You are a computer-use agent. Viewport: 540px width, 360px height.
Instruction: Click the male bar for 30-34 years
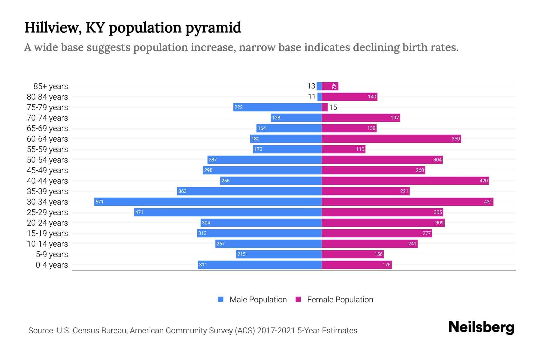point(208,202)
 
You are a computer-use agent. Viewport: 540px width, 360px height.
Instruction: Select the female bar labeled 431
point(407,202)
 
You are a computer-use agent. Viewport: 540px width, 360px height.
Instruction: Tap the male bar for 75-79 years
point(277,107)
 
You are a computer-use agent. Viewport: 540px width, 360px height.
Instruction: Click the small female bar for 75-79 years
point(325,107)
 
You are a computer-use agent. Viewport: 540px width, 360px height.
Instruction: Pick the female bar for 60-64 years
point(391,139)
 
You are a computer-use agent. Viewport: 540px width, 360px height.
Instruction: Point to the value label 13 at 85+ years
point(311,86)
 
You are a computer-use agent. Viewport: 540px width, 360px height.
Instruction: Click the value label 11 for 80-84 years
point(312,97)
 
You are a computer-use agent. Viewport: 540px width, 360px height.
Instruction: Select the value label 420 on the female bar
point(483,181)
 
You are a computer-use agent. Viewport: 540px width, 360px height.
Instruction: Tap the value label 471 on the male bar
point(139,212)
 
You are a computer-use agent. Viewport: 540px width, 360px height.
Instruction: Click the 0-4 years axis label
point(52,265)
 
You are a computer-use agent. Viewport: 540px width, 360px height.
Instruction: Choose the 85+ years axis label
point(50,86)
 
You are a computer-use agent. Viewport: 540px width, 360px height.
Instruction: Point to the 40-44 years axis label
point(47,181)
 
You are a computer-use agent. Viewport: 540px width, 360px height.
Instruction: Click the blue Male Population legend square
point(221,299)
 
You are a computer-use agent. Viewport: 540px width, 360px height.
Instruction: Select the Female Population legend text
point(340,300)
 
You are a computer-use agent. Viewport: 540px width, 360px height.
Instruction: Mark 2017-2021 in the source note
point(276,331)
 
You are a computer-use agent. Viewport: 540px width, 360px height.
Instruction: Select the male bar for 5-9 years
point(279,254)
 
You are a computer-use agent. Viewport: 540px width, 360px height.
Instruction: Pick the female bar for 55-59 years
point(343,149)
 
